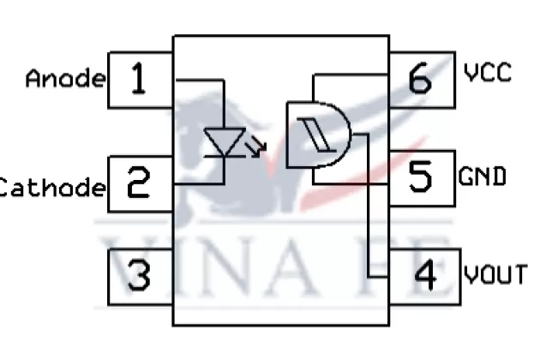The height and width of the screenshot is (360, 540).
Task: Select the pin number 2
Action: click(137, 183)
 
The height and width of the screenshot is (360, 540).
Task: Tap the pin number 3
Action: click(137, 276)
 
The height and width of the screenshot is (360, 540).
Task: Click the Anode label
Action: click(65, 79)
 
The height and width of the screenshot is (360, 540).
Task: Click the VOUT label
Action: click(495, 274)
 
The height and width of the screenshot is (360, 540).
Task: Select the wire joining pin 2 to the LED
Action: click(199, 183)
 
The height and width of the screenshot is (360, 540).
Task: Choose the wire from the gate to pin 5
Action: click(351, 183)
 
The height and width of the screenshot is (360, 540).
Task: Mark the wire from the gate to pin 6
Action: click(351, 75)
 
